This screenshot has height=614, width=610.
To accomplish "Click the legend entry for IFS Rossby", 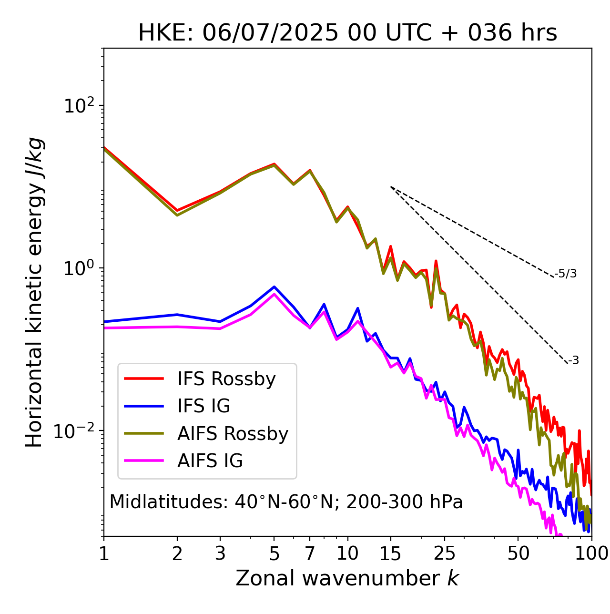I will [x=226, y=379].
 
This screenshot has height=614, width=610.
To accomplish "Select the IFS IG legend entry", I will [x=203, y=406].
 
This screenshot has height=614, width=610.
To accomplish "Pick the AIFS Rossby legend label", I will [x=233, y=434].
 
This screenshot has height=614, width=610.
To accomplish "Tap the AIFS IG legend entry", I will [x=210, y=461].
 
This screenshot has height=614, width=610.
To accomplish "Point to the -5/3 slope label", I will [x=566, y=274].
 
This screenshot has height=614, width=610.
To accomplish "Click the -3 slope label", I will [x=573, y=361].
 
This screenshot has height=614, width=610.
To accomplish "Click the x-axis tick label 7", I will [x=310, y=553].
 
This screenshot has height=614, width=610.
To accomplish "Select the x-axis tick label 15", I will [x=390, y=553].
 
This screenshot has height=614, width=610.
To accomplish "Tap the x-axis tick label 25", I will [x=445, y=553].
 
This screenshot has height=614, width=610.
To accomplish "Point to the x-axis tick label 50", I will [x=518, y=553].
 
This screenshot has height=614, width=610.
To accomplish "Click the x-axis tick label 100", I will [x=591, y=553].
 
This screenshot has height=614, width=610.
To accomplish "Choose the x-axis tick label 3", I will [x=220, y=553].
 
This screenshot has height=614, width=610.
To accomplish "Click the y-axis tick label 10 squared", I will [x=79, y=105].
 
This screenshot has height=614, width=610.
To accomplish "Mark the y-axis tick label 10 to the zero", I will [x=79, y=268].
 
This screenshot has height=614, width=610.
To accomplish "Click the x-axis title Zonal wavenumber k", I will [x=347, y=578].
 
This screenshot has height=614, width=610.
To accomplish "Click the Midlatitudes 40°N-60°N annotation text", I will [x=286, y=502].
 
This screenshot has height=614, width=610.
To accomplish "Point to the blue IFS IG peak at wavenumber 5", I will [x=274, y=287].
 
